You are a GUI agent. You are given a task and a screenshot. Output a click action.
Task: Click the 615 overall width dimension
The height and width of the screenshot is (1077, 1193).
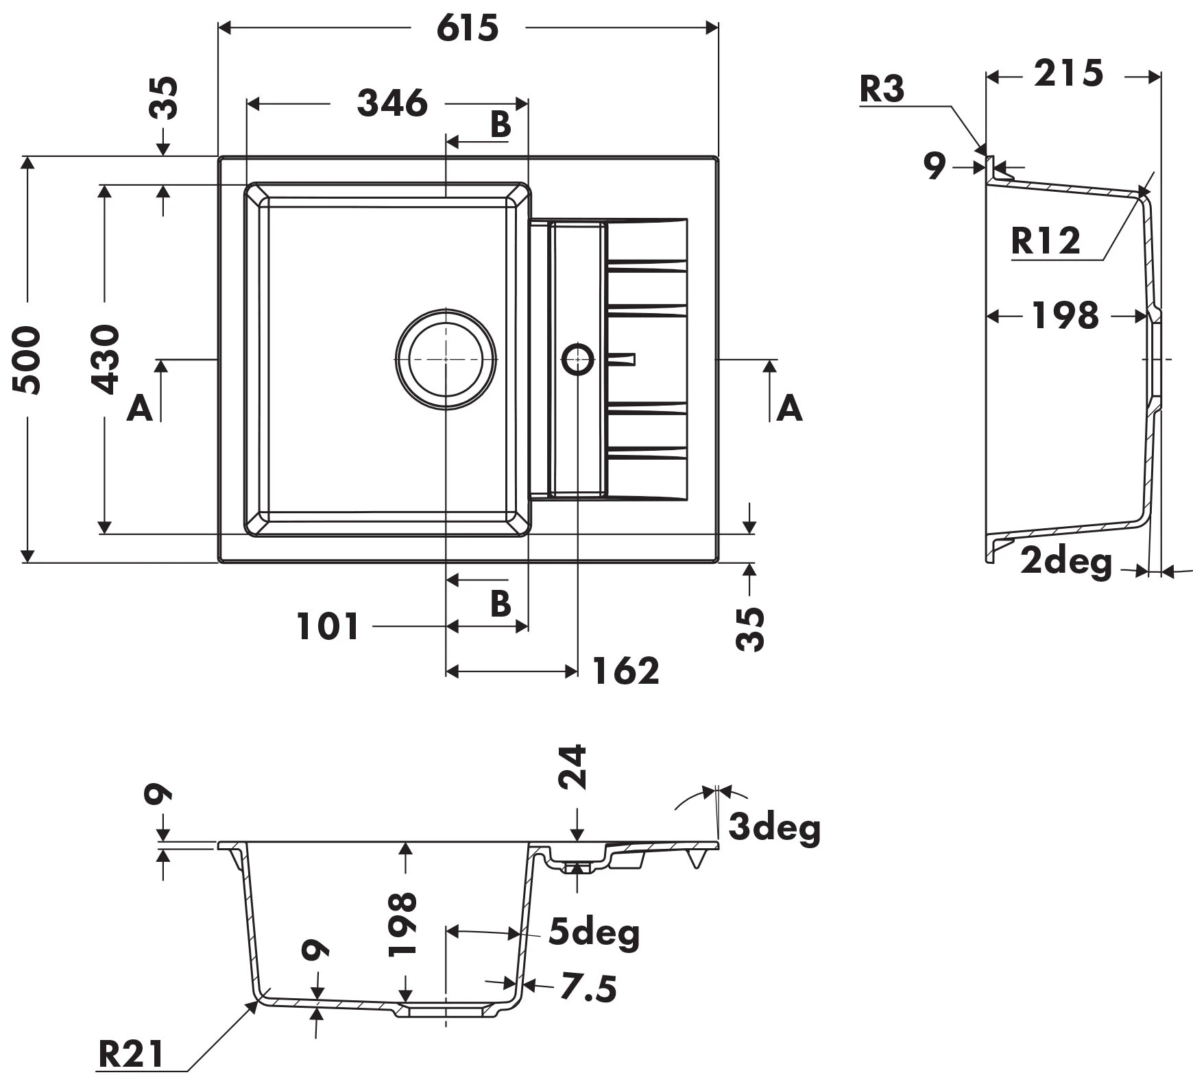(468, 29)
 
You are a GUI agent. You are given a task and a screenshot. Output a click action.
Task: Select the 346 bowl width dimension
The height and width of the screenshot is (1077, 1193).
(392, 103)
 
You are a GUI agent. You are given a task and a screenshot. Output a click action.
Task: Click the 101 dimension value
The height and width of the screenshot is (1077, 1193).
(328, 626)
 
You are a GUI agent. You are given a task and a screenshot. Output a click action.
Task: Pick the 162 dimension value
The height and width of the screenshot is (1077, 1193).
(625, 671)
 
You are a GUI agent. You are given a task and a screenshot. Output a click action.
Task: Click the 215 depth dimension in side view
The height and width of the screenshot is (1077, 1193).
(1068, 74)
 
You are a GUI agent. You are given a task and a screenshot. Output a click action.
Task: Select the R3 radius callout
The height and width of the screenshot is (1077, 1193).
(882, 89)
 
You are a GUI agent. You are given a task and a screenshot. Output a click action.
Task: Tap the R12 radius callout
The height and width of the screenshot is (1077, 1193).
(1045, 241)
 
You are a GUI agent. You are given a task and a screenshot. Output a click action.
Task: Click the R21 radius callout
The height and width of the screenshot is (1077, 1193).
(132, 1054)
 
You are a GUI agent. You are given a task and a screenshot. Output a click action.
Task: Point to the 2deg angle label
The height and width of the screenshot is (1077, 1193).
(1065, 562)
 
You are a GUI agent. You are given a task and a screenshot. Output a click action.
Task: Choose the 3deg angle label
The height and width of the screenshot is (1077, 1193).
(774, 827)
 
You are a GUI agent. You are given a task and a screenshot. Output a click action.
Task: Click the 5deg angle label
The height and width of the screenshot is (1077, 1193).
(594, 933)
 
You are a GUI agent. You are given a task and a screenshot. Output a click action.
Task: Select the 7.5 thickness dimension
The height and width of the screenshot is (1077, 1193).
(588, 988)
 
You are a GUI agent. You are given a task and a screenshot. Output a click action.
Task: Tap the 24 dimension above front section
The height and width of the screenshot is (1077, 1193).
(573, 767)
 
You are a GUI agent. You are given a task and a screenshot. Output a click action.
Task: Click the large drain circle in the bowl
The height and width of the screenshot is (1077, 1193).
(446, 360)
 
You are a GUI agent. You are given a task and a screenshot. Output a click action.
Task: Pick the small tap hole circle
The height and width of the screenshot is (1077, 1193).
(577, 359)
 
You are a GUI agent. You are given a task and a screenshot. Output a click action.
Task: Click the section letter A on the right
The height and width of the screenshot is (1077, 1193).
(789, 409)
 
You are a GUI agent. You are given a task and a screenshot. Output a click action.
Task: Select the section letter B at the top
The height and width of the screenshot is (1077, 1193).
(501, 125)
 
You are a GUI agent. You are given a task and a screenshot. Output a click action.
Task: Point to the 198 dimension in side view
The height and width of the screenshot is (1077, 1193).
(1065, 316)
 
